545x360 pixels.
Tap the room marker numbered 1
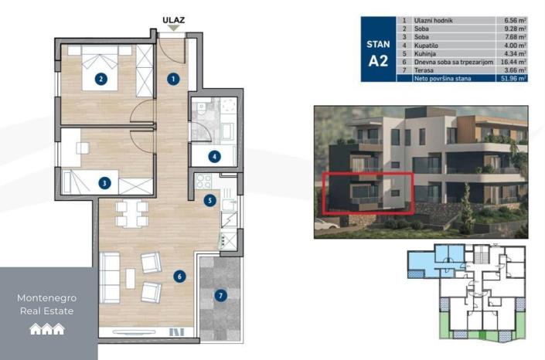coord(174,78)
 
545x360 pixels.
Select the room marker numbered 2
coord(100,78)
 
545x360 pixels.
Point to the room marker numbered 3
coord(104,183)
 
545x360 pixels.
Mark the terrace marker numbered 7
coord(220,295)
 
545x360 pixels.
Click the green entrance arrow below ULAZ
coord(173,29)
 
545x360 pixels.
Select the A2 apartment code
coord(378,63)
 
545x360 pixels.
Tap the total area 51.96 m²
coord(511,78)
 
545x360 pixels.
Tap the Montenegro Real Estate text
coord(47,304)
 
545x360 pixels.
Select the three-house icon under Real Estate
coord(47,329)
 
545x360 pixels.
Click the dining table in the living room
coord(131,212)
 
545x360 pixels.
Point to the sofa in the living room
coord(109,279)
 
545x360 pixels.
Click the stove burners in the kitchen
coord(204,183)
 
